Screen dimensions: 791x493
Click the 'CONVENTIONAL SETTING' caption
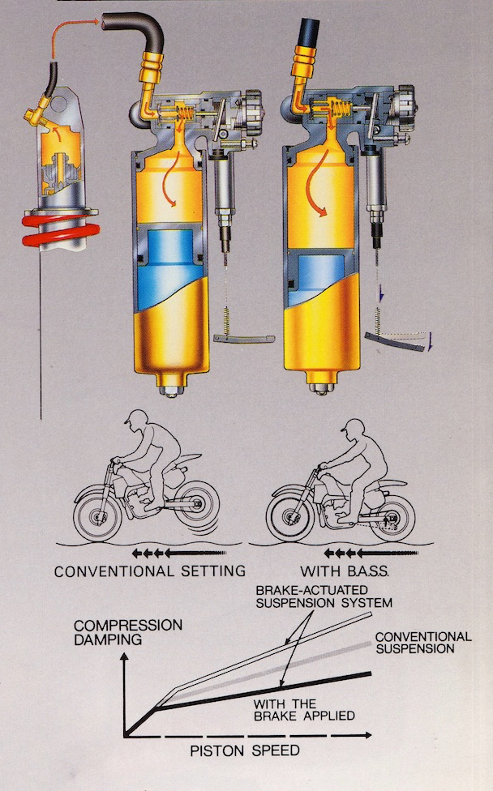[x=149, y=571]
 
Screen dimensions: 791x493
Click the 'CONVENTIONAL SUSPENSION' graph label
[x=422, y=643]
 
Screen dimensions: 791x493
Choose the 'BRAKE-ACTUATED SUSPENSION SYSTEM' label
[x=323, y=596]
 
